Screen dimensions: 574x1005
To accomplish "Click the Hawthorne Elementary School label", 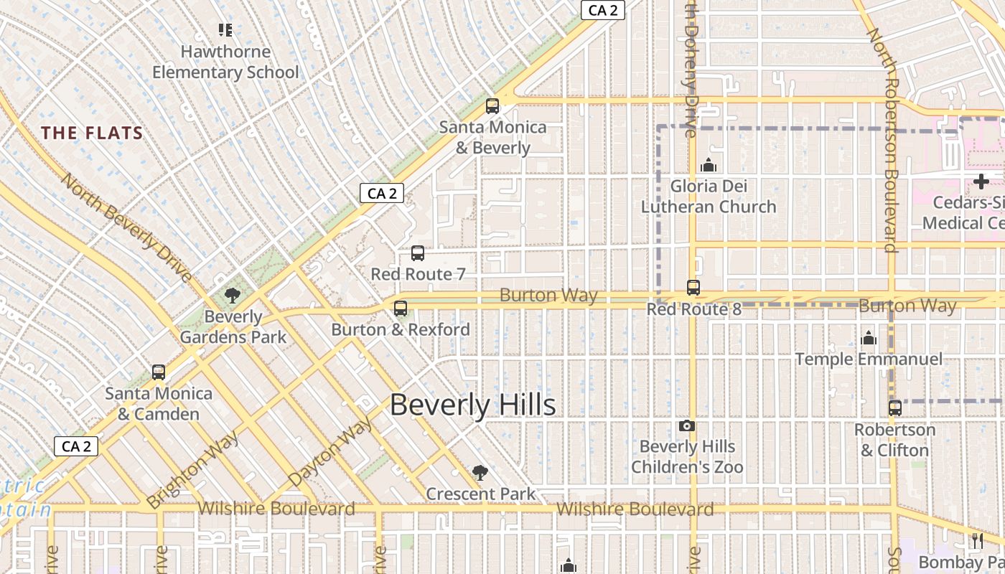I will coord(225,62).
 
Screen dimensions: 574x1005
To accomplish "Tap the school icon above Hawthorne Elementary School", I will coord(225,30).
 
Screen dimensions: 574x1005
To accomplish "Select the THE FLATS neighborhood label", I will coord(92,133).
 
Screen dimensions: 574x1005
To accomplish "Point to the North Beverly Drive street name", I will coord(126,227).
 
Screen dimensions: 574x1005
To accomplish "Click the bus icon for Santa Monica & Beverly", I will coord(492,106).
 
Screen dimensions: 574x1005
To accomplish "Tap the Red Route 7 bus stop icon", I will coord(418,253).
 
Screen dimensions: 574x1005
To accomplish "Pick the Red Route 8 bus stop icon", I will coord(693,288).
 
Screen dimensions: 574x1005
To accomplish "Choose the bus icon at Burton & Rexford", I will coord(401,309).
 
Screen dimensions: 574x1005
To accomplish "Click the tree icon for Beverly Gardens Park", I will coord(232,295).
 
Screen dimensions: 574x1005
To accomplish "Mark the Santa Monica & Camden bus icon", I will coord(159,372).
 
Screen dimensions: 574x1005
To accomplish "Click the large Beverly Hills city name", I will coord(472,405).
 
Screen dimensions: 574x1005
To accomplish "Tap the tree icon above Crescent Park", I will coord(480,473).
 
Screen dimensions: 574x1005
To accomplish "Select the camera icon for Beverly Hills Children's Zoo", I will coord(687,426).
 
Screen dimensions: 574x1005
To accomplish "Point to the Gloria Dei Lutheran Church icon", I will coord(709,166).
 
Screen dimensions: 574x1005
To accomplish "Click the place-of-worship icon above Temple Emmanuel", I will coord(869,338).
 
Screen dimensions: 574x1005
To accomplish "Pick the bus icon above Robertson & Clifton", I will coord(894,408).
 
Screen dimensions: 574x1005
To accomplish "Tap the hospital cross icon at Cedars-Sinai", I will coord(981,182).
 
